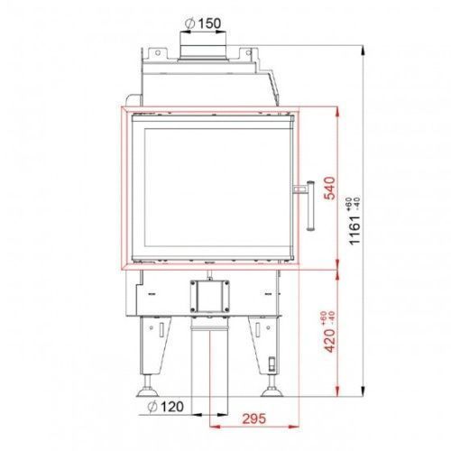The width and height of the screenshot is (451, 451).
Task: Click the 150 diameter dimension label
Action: click(x=203, y=23)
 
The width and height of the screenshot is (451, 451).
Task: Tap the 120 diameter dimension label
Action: click(x=166, y=407)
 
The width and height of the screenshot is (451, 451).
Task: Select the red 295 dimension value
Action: click(x=254, y=419)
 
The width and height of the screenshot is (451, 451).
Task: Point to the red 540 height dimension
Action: click(x=330, y=188)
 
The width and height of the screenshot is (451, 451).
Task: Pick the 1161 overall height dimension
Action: click(x=354, y=230)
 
